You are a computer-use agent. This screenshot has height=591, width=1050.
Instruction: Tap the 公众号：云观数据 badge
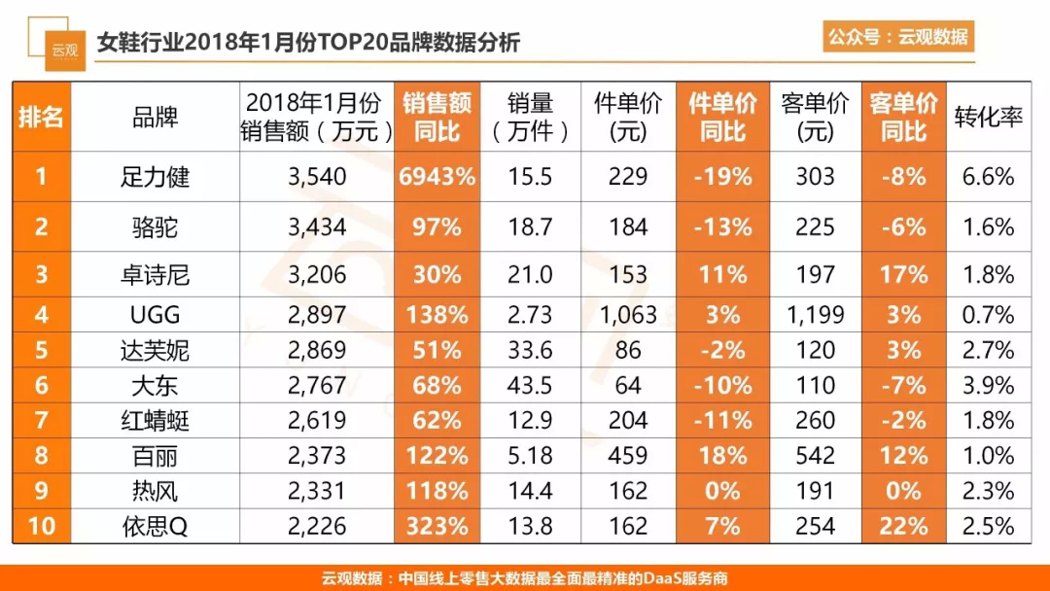897,37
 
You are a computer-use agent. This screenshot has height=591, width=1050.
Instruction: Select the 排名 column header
41,118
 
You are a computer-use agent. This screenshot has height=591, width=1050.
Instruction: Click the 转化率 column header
987,118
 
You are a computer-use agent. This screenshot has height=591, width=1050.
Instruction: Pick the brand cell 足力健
156,177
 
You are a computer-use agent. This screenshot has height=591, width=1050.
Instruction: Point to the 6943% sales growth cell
437,177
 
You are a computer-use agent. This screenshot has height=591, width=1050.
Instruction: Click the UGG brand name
156,315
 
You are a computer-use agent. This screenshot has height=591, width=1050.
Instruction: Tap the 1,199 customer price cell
815,315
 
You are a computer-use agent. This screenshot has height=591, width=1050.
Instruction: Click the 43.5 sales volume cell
530,386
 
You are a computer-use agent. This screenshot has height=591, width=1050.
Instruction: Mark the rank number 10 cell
41,527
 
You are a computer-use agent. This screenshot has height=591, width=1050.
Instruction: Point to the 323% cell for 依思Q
437,527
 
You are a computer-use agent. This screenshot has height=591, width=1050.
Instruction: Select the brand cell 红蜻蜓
156,421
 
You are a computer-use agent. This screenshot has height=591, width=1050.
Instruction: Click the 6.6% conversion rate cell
987,177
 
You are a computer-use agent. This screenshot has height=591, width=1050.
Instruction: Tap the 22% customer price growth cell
903,527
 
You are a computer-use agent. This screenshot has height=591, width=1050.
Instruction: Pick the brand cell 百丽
156,456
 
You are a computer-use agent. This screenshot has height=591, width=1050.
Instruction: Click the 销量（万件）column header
530,118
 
